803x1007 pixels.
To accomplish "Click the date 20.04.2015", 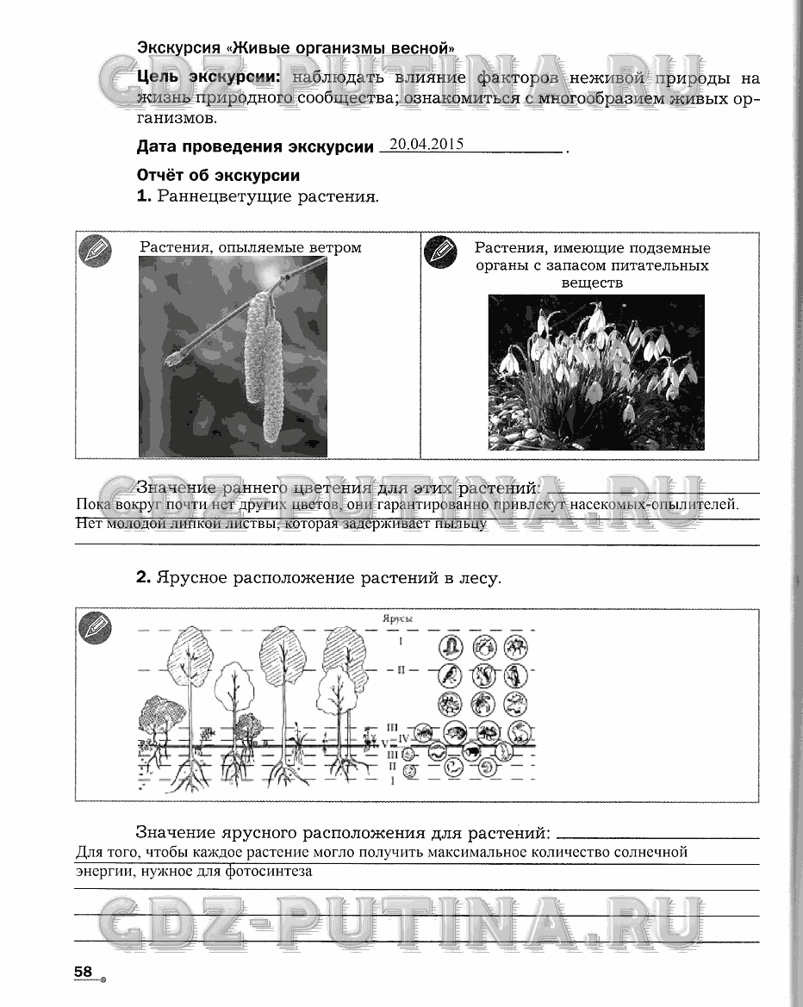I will pyautogui.click(x=426, y=145).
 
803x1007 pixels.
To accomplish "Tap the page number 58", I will pyautogui.click(x=84, y=972).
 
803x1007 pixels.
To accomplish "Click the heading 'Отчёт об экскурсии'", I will pyautogui.click(x=218, y=175).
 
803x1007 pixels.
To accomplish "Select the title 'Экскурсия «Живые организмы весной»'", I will pyautogui.click(x=296, y=47).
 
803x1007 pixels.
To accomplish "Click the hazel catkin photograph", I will pyautogui.click(x=233, y=357).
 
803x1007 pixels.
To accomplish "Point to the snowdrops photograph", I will pyautogui.click(x=595, y=372).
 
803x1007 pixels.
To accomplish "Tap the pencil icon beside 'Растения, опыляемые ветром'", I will pyautogui.click(x=95, y=251).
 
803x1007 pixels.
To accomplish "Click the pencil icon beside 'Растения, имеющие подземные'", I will pyautogui.click(x=440, y=251).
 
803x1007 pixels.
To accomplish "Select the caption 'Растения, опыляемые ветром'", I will pyautogui.click(x=251, y=247).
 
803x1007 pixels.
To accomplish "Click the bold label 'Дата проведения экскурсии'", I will pyautogui.click(x=256, y=147).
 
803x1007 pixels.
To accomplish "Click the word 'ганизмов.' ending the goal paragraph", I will pyautogui.click(x=171, y=119).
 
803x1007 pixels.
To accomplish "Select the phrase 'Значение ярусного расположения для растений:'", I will pyautogui.click(x=343, y=833).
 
